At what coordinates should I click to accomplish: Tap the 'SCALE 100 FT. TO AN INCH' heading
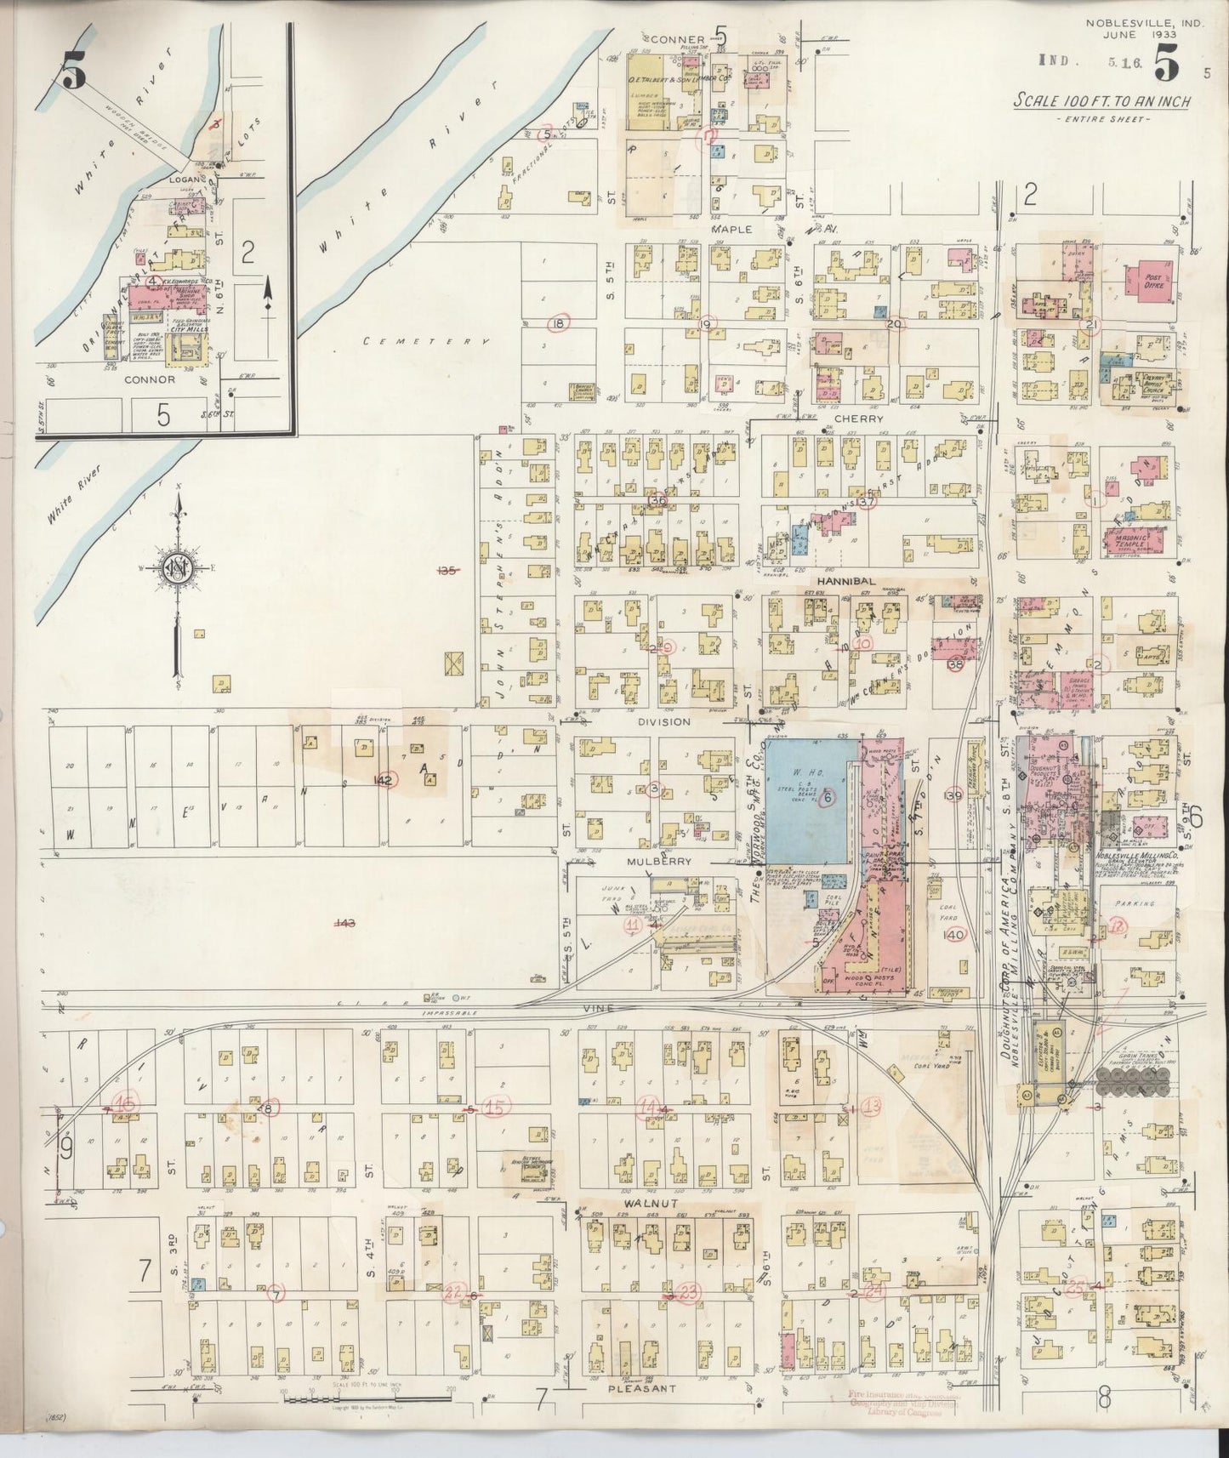[1101, 101]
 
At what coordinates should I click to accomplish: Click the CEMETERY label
[426, 341]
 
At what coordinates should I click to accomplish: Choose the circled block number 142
[385, 780]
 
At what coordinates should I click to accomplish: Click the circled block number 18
[558, 323]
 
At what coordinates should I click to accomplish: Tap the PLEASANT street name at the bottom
[642, 1389]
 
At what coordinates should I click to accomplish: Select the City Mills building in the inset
[187, 347]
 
